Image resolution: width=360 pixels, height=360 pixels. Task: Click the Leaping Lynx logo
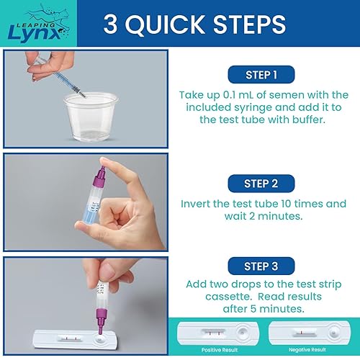click(x=38, y=24)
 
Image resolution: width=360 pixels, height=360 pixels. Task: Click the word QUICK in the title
click(x=165, y=24)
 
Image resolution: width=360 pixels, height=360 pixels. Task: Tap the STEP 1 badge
click(x=261, y=75)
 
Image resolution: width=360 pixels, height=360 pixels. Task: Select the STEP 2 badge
click(x=261, y=184)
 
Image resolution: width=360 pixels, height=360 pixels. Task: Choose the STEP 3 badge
click(x=261, y=266)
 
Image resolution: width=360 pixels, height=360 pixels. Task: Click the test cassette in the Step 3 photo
click(x=75, y=339)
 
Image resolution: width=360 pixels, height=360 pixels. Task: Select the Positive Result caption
click(x=220, y=350)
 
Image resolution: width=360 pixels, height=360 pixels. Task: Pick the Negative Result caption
click(x=307, y=350)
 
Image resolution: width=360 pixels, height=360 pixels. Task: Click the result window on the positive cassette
click(x=214, y=333)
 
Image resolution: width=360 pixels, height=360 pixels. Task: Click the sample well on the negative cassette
click(x=333, y=333)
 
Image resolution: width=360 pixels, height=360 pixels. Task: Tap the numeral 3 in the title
click(x=110, y=24)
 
